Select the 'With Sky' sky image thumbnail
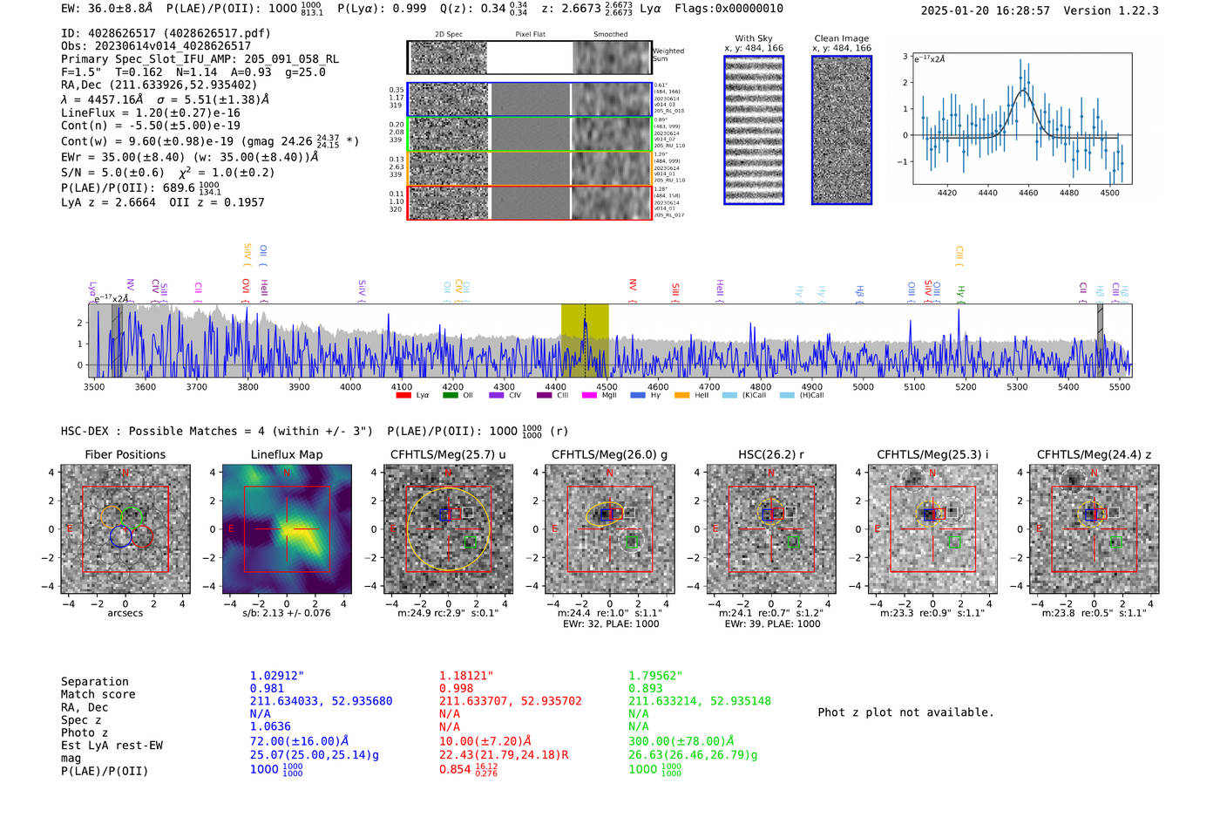754,130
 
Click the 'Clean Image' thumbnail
842,130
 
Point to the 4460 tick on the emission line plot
1028,193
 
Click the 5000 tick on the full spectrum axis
863,386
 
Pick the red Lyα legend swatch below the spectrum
403,395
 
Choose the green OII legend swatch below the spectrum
451,395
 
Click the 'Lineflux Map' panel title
287,454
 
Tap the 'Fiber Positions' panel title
125,454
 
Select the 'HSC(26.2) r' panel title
770,454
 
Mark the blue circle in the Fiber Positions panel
121,537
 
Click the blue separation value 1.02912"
277,676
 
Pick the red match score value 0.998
457,688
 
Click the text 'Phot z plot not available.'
905,712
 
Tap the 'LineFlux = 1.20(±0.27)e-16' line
150,112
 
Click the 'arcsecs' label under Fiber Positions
125,613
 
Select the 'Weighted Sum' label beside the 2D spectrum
668,55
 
